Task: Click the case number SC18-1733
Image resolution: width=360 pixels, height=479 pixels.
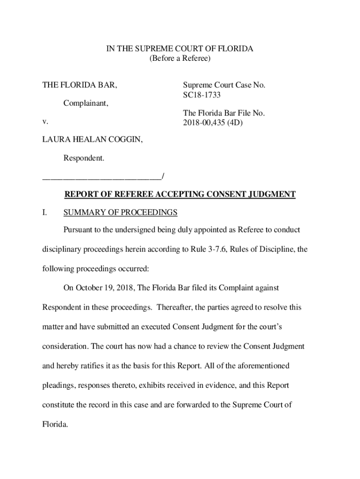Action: (x=202, y=95)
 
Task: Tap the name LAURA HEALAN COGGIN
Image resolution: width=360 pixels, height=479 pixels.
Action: (x=93, y=140)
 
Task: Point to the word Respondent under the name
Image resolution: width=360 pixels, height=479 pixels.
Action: (x=84, y=159)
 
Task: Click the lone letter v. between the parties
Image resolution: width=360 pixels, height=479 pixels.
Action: (x=45, y=122)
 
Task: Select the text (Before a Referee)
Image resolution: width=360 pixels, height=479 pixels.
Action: (x=180, y=58)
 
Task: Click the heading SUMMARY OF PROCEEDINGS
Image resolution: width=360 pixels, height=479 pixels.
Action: (x=120, y=213)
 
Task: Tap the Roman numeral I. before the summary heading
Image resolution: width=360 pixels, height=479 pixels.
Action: (x=45, y=213)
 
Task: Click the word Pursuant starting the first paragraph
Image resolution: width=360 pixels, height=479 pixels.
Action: (x=78, y=230)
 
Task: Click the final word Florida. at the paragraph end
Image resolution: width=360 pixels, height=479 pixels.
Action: (x=56, y=424)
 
